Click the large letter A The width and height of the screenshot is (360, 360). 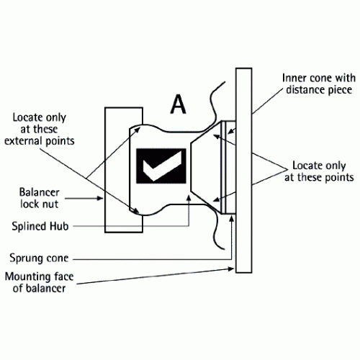tap(178, 104)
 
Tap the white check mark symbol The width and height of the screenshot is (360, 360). tap(162, 166)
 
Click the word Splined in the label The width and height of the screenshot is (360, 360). tap(30, 226)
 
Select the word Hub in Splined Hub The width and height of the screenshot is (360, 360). tap(59, 226)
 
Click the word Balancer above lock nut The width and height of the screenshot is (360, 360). tap(39, 192)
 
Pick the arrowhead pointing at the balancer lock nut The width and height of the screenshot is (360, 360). tap(99, 198)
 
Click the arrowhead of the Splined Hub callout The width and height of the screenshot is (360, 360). tap(189, 198)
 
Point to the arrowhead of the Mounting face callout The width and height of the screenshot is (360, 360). tap(230, 269)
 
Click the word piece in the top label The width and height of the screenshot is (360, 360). tap(341, 91)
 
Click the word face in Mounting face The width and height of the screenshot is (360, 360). tap(63, 276)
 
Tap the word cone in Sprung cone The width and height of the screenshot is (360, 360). tap(56, 258)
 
